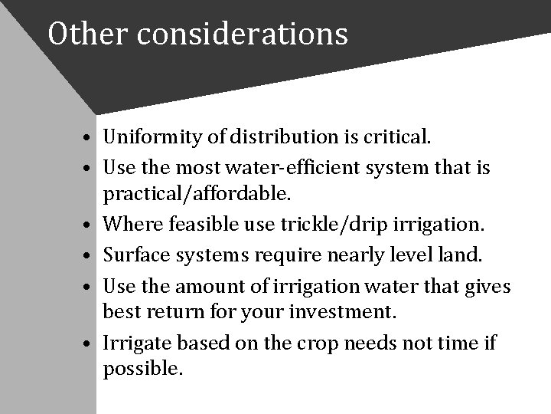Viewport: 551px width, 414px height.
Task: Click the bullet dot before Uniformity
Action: [90, 140]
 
